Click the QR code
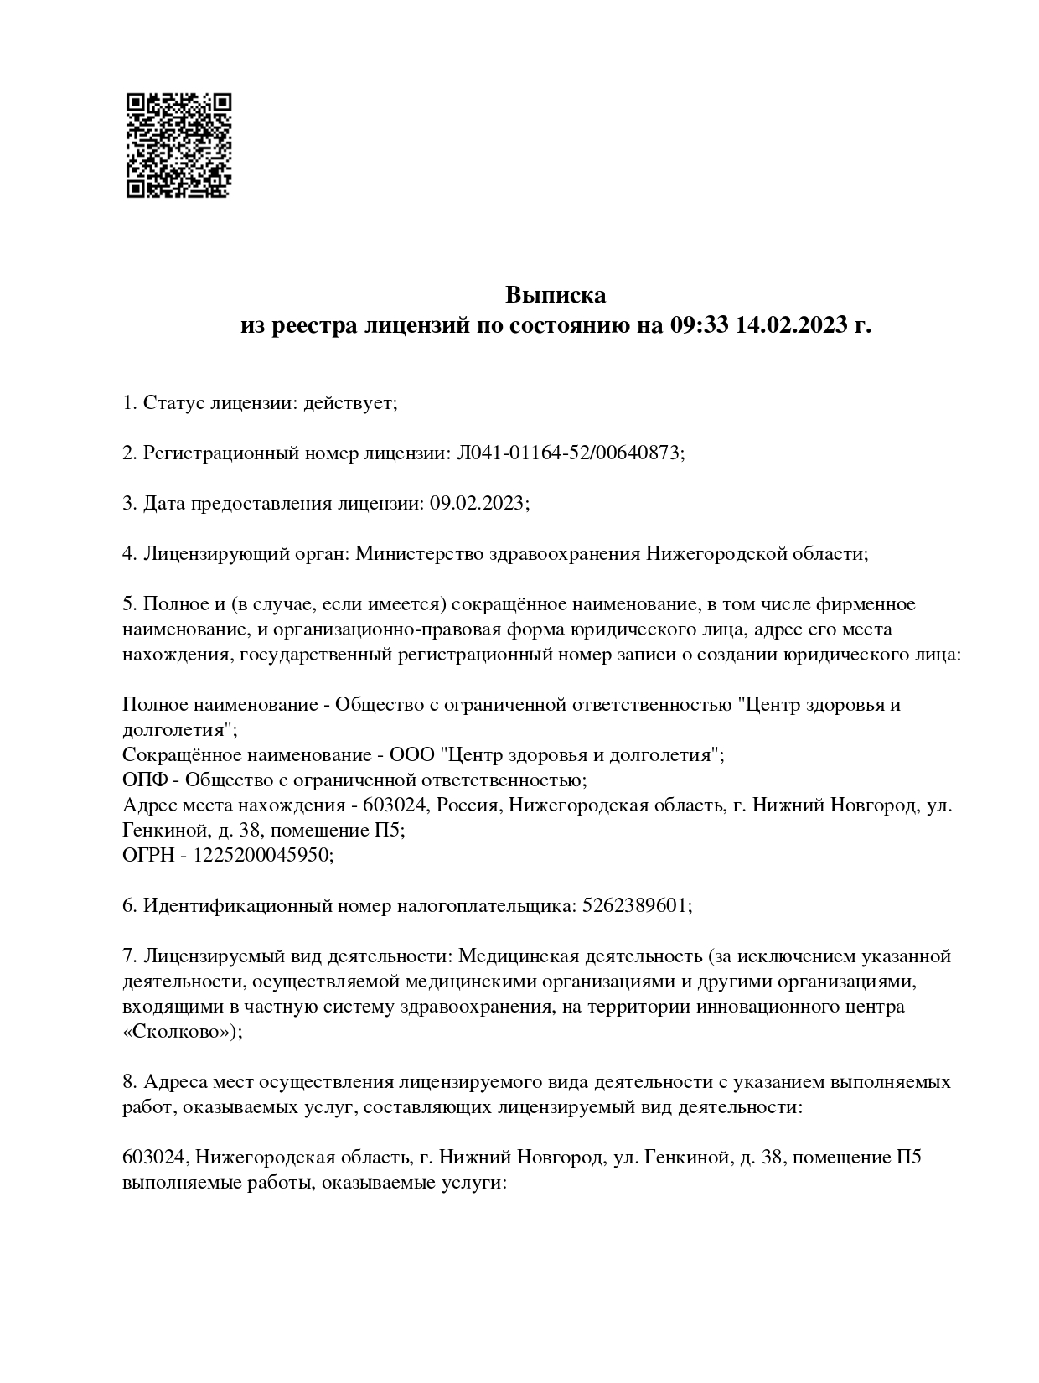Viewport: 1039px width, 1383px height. click(x=178, y=145)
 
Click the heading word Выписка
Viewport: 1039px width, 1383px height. click(x=555, y=295)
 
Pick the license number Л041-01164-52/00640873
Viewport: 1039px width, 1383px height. click(x=569, y=453)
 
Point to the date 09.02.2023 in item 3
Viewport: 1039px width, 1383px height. click(x=478, y=504)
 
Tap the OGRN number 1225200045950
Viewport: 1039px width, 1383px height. click(x=263, y=856)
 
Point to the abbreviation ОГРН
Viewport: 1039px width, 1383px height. click(x=150, y=856)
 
